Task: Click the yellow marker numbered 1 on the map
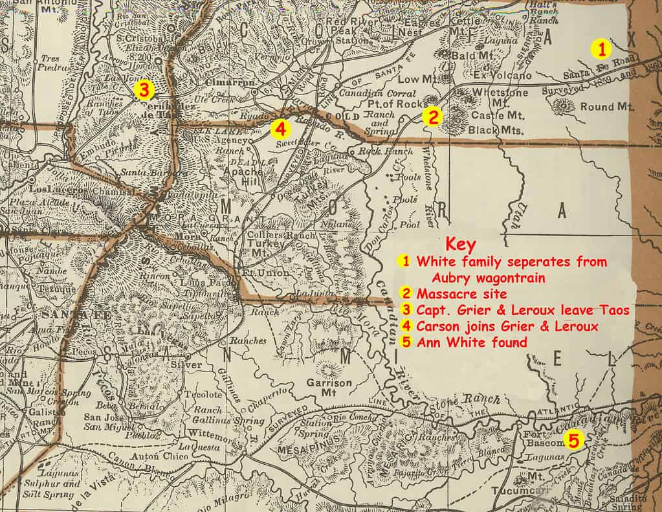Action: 602,48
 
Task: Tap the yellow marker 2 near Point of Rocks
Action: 432,117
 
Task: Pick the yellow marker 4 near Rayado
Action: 280,129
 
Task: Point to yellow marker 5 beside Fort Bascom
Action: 573,440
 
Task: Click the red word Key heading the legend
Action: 461,245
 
